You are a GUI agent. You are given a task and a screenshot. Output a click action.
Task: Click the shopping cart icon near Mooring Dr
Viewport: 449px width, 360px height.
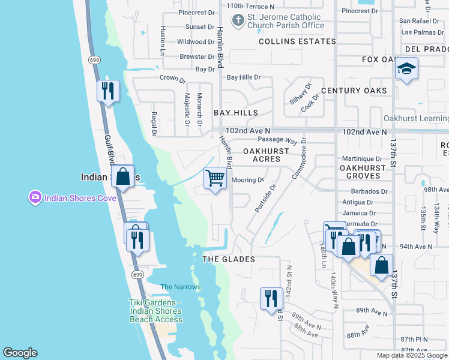tap(215, 179)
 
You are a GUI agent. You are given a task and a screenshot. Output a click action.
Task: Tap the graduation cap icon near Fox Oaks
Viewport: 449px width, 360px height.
tap(406, 70)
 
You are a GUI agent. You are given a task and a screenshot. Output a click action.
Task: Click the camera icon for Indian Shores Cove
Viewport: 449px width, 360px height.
tap(35, 197)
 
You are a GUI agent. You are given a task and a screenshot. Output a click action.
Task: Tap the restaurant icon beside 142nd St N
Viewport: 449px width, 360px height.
tap(271, 298)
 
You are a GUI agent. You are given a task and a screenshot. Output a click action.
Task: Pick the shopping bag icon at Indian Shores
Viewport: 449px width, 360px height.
tap(123, 177)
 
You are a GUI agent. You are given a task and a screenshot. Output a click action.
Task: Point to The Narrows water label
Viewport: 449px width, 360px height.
tap(181, 287)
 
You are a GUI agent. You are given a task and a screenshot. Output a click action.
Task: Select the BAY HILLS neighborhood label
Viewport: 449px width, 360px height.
tap(236, 113)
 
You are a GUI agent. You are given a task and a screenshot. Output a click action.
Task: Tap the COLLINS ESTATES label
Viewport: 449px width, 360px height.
tap(297, 41)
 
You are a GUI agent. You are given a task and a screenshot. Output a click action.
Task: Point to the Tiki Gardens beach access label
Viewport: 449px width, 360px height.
tap(155, 311)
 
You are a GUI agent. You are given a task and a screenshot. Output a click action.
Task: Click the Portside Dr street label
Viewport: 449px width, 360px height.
tap(265, 198)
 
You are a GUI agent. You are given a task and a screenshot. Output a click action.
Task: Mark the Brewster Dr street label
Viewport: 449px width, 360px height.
tap(196, 56)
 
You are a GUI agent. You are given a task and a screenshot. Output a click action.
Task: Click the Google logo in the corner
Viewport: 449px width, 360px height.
tap(20, 353)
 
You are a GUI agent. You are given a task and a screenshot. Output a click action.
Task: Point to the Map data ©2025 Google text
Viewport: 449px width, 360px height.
tap(412, 355)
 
